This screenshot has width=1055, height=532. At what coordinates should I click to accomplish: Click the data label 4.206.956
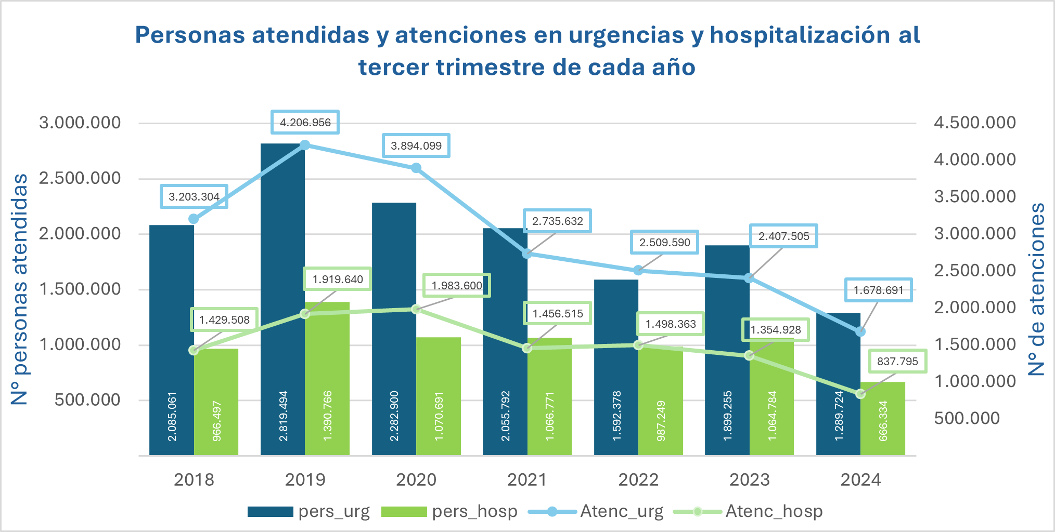point(305,123)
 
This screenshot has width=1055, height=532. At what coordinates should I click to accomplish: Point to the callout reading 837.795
point(897,361)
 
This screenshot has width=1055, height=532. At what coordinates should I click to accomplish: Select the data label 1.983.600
point(457,285)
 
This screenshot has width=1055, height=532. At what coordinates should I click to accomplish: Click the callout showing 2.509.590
point(664,242)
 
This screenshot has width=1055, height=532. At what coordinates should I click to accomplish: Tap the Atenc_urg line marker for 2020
point(416,168)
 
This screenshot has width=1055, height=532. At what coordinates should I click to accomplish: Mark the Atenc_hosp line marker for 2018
point(194,350)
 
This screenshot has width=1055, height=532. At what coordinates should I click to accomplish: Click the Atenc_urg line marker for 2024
point(860,331)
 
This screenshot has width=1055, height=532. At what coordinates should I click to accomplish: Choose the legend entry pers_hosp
point(449,511)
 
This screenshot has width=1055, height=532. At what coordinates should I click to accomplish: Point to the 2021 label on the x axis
point(527,480)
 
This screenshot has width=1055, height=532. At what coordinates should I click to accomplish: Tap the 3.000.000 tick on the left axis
point(80,123)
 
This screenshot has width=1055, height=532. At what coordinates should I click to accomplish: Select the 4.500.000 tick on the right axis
point(974,123)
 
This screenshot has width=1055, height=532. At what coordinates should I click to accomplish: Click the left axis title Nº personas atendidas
point(20,289)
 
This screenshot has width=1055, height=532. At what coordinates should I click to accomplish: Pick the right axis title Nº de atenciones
point(1037,289)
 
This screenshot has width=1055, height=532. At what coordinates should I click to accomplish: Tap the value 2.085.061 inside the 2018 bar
point(172,416)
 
